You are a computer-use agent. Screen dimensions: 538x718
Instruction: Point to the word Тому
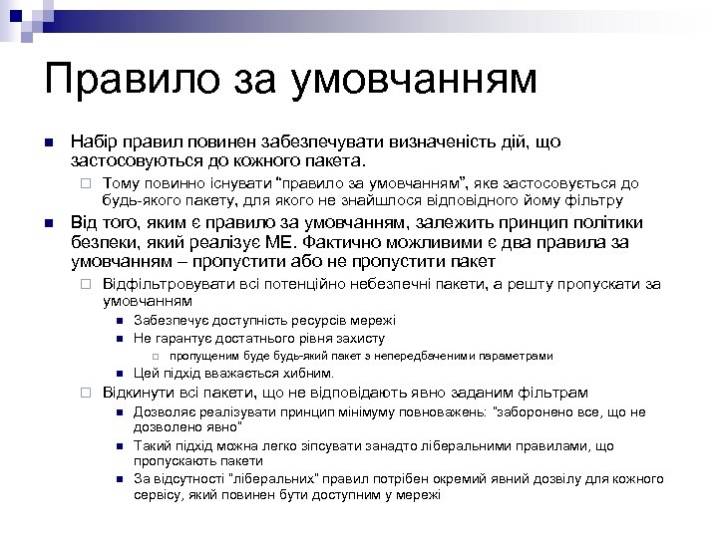pyautogui.click(x=121, y=183)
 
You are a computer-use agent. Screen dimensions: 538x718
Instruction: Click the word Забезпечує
pyautogui.click(x=169, y=320)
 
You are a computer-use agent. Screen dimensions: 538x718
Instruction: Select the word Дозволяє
pyautogui.click(x=165, y=411)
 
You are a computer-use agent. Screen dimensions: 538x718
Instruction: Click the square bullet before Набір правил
pyautogui.click(x=48, y=144)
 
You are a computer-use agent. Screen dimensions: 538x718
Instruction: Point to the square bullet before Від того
pyautogui.click(x=48, y=223)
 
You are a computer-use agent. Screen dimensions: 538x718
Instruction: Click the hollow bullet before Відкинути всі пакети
pyautogui.click(x=87, y=394)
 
